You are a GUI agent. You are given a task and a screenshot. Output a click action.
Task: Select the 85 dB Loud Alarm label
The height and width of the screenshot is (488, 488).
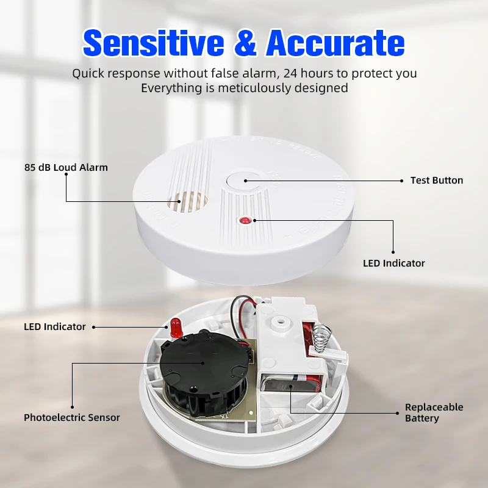(x=66, y=167)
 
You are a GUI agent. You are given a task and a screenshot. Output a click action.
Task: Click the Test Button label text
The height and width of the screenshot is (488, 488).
(x=436, y=181)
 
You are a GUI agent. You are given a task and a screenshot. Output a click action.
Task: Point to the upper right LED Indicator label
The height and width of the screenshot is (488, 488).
(x=393, y=264)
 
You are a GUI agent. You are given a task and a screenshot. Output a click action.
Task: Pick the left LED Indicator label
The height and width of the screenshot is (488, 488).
(x=55, y=327)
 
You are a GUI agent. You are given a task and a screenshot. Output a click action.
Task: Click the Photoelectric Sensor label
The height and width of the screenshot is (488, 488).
(x=72, y=418)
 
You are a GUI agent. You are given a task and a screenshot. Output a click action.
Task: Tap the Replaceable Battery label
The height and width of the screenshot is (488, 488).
(x=434, y=412)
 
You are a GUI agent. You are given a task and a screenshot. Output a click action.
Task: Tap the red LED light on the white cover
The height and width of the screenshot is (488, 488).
(x=245, y=220)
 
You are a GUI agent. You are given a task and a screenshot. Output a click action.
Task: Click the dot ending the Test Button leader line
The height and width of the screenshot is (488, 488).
(x=402, y=181)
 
